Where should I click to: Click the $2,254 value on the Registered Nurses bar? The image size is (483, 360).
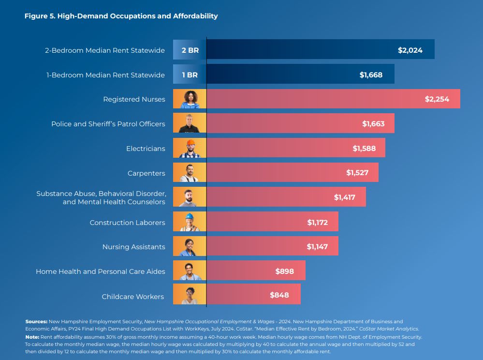point(437,99)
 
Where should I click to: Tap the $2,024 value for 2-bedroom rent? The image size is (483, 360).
point(410,50)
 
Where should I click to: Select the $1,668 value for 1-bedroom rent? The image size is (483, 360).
point(371,75)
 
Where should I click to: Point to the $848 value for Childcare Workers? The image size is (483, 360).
point(279,295)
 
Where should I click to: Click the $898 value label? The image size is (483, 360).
point(284,271)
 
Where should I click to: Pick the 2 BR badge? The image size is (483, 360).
point(190,50)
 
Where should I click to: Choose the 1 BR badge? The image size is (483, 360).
point(190,75)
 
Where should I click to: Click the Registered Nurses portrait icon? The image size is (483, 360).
point(190,99)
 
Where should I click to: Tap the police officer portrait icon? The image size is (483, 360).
point(190,123)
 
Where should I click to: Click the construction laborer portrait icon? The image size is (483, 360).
point(190,222)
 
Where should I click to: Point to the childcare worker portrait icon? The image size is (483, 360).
point(190,295)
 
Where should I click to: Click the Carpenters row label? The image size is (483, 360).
point(146,173)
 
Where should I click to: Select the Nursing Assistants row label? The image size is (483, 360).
point(133,247)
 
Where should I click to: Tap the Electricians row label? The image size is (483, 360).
point(146,149)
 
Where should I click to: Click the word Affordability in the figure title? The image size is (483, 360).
point(195,16)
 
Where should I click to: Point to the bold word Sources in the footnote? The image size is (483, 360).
point(36,321)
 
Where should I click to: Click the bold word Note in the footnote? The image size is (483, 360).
point(32,337)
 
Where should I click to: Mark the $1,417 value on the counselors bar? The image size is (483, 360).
point(345,197)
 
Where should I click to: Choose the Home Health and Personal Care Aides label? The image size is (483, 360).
point(100,271)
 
